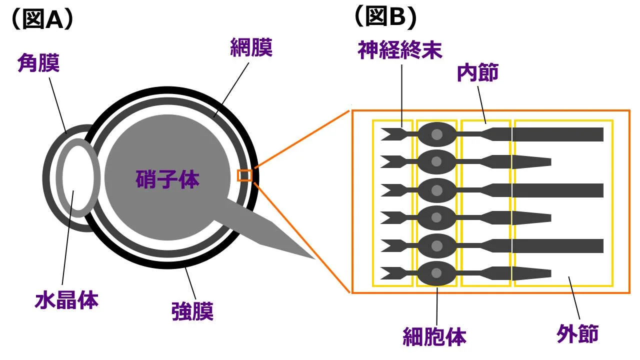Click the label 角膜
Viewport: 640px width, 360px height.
(x=38, y=63)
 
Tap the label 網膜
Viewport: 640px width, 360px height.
(x=251, y=48)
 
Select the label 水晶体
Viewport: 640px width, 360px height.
(x=66, y=300)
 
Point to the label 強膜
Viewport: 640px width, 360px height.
(x=192, y=312)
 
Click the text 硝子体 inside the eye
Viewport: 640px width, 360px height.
(x=167, y=179)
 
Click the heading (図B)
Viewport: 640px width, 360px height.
(x=384, y=17)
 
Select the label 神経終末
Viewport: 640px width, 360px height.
(x=400, y=50)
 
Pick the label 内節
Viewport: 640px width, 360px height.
(x=477, y=73)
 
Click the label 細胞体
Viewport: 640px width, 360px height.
(x=434, y=337)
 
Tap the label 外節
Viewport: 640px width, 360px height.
(x=577, y=334)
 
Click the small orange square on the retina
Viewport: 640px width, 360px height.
(x=244, y=175)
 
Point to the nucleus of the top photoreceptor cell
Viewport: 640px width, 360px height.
(x=437, y=134)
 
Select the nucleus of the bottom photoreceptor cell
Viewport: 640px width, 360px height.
(x=437, y=273)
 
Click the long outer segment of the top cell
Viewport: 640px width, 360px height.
(x=557, y=134)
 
